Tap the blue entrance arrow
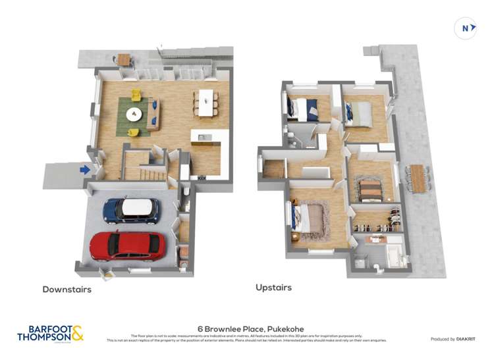click(x=85, y=170)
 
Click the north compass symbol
click(x=466, y=28)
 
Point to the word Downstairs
click(x=67, y=289)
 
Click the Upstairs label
click(x=273, y=288)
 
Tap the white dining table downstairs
click(x=206, y=102)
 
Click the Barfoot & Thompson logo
click(x=50, y=333)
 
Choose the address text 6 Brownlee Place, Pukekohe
click(x=246, y=328)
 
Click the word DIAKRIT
click(x=463, y=339)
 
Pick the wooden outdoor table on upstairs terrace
click(x=418, y=178)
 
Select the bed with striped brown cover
click(x=370, y=190)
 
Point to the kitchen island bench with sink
click(x=203, y=137)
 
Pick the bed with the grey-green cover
click(x=359, y=112)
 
